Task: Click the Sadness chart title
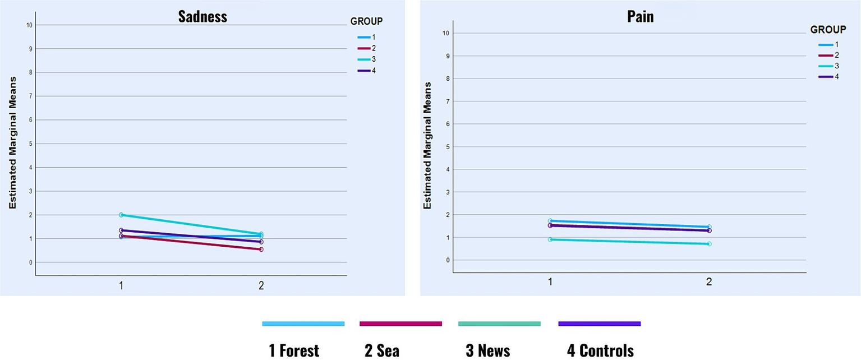pyautogui.click(x=202, y=16)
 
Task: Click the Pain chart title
pyautogui.click(x=640, y=16)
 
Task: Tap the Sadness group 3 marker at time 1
pyautogui.click(x=121, y=215)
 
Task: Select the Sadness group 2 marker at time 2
pyautogui.click(x=261, y=249)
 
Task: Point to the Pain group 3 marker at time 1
pyautogui.click(x=550, y=239)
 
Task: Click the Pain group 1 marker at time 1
pyautogui.click(x=550, y=221)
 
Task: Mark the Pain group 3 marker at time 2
pyautogui.click(x=709, y=244)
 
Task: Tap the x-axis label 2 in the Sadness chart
pyautogui.click(x=261, y=285)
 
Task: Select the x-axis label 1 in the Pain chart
pyautogui.click(x=550, y=281)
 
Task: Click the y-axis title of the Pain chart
pyautogui.click(x=427, y=146)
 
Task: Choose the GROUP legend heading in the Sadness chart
pyautogui.click(x=366, y=22)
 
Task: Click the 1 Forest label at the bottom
pyautogui.click(x=294, y=351)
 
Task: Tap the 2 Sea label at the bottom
pyautogui.click(x=382, y=351)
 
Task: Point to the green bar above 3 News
pyautogui.click(x=499, y=324)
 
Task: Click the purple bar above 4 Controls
pyautogui.click(x=599, y=324)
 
